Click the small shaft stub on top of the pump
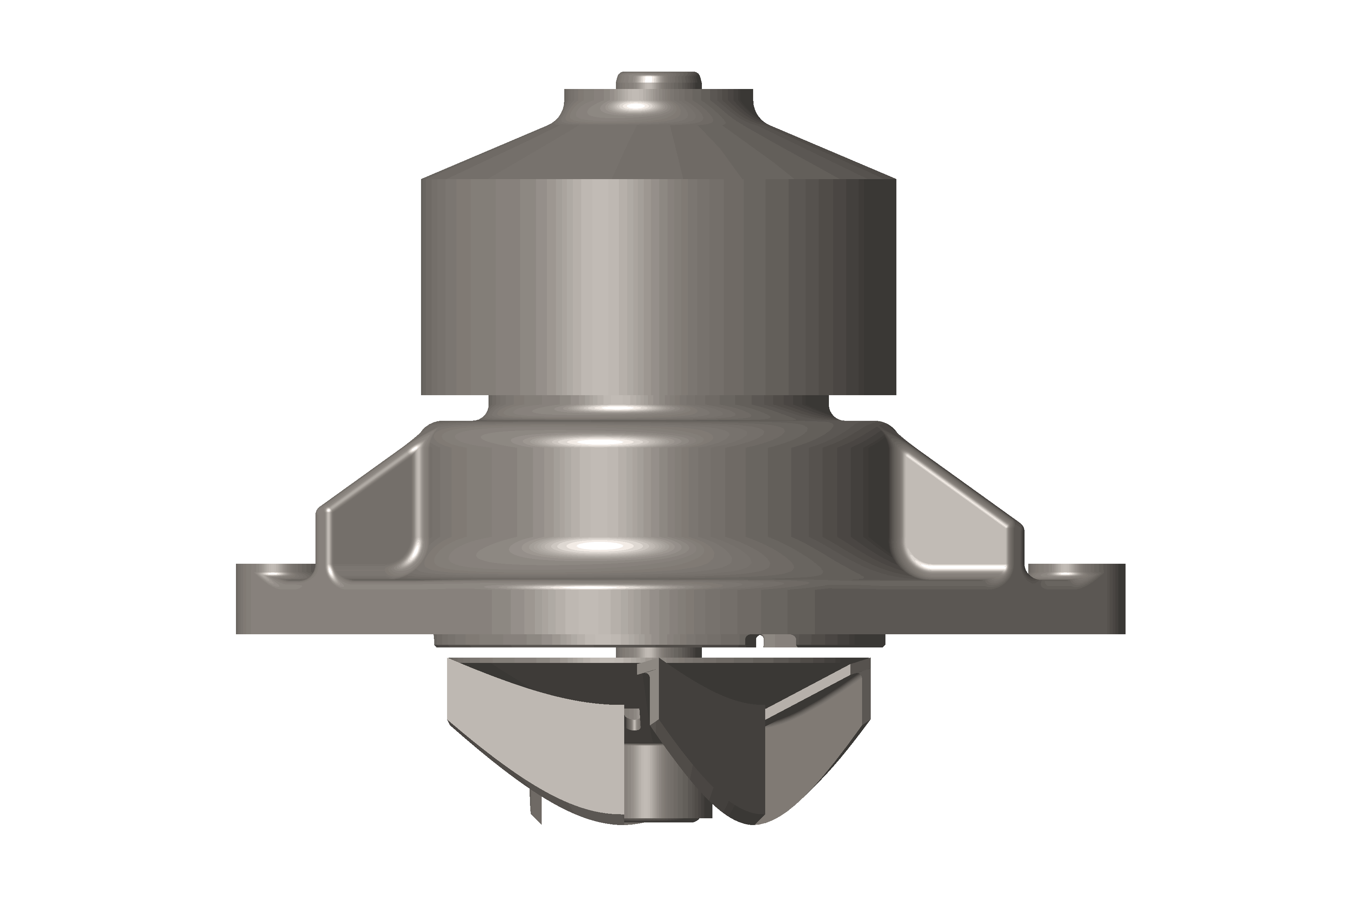(658, 80)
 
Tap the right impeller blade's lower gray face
(808, 762)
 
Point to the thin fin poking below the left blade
(534, 819)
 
